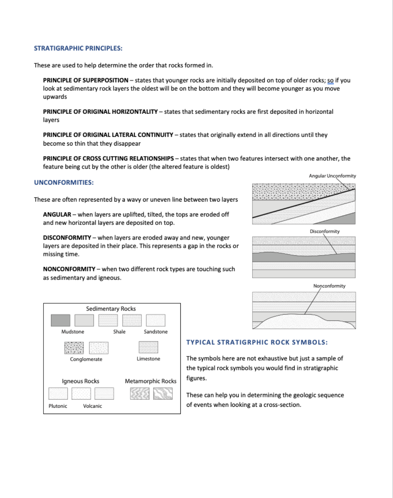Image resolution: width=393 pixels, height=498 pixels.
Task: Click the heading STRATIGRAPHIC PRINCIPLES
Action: point(78,48)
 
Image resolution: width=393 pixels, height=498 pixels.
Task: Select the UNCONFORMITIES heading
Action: point(64,182)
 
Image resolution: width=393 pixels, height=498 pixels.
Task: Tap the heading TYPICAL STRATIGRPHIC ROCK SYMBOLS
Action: point(257,342)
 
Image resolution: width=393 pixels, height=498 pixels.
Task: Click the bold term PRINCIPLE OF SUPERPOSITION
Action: point(86,80)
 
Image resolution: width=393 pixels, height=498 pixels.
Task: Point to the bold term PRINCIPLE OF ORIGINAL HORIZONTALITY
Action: point(100,112)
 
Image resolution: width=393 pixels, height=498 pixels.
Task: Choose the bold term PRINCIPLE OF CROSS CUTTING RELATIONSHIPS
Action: point(108,158)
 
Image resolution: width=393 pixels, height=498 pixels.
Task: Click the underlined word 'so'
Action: point(330,80)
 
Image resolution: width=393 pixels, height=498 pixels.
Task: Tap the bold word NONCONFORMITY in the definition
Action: point(69,269)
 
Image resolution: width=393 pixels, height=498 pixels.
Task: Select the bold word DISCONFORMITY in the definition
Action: point(67,237)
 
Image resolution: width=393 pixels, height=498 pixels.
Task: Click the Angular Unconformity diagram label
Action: point(332,176)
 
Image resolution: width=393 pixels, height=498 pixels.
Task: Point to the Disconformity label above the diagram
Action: point(325,231)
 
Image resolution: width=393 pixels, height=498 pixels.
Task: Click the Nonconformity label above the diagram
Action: point(329,286)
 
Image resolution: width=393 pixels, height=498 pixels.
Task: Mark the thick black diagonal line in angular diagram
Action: point(303,203)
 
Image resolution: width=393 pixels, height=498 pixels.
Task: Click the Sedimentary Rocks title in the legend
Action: point(111,309)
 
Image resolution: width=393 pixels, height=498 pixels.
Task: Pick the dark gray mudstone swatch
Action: point(61,320)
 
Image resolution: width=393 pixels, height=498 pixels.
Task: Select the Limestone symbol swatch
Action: point(148,347)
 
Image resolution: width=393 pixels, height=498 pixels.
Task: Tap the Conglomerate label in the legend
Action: point(86,359)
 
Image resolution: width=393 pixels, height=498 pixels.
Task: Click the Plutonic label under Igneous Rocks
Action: point(58,406)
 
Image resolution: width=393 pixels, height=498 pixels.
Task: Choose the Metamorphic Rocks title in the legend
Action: point(150,381)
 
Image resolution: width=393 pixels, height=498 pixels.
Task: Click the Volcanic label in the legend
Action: point(92,406)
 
